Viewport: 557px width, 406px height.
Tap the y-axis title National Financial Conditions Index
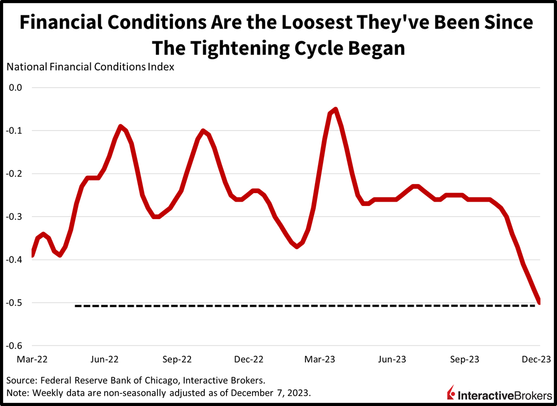(x=90, y=67)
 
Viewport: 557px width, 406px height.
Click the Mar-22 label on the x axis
(x=32, y=360)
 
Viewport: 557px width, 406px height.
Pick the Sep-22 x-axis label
(x=177, y=360)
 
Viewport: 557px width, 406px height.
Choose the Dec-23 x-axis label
(x=538, y=360)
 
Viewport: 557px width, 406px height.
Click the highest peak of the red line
(x=335, y=109)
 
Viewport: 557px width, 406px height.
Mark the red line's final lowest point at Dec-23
(x=539, y=302)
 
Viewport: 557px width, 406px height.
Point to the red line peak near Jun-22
(x=121, y=126)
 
